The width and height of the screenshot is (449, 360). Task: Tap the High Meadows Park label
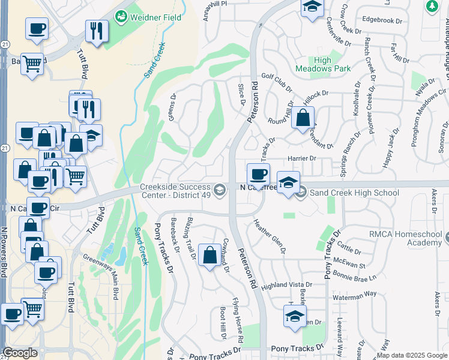323,64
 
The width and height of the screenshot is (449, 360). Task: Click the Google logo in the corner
20,353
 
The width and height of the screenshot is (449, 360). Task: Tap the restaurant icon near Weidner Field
97,31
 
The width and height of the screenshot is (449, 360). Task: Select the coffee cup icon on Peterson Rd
258,175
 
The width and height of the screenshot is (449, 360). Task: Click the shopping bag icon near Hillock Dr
303,117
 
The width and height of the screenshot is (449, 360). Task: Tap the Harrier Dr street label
301,158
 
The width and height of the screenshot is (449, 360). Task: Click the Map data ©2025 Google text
412,355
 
